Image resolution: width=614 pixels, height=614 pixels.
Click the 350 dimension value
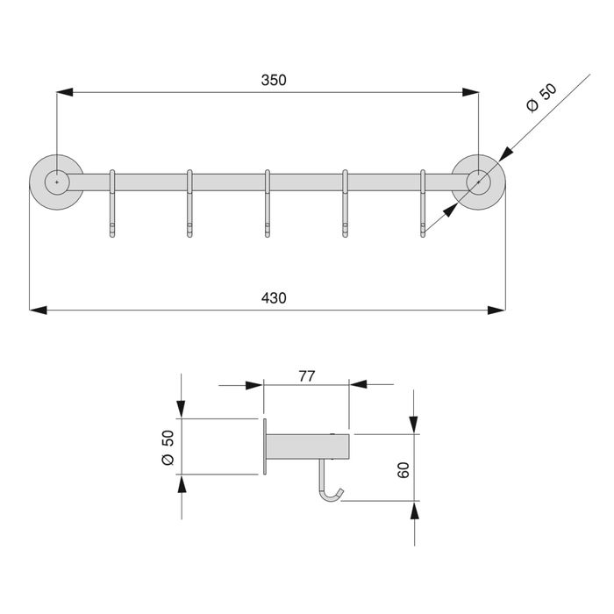274,80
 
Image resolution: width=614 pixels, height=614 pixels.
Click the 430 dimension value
274,298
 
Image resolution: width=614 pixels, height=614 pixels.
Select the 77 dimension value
307,376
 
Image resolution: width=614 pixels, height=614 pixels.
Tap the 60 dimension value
403,468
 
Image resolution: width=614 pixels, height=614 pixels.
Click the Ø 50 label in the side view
168,447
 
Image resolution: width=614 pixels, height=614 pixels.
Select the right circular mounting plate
478,182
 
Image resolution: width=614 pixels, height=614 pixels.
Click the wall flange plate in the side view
263,447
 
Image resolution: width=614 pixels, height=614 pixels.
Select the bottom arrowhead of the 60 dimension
413,509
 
